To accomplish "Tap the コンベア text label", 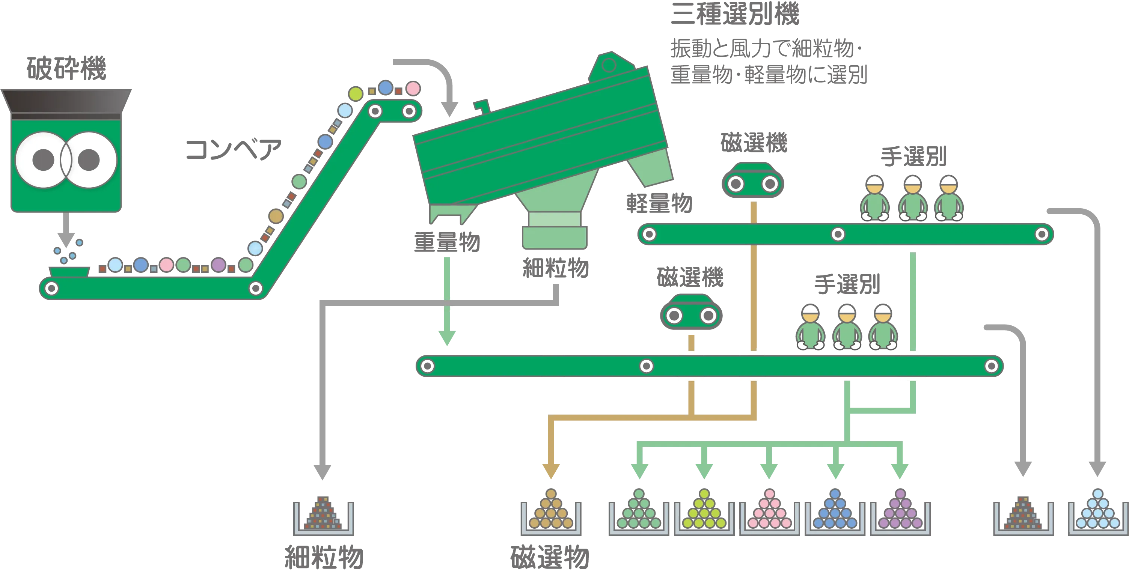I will tap(233, 149).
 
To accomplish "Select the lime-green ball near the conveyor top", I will tap(356, 94).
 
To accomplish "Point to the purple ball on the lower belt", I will tap(218, 265).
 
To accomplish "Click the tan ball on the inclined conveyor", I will tap(276, 216).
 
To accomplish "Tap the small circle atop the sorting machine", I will tap(608, 65).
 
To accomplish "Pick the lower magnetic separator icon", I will tap(691, 311).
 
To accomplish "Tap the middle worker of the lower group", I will tap(847, 327).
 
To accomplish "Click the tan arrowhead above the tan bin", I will tap(551, 471).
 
